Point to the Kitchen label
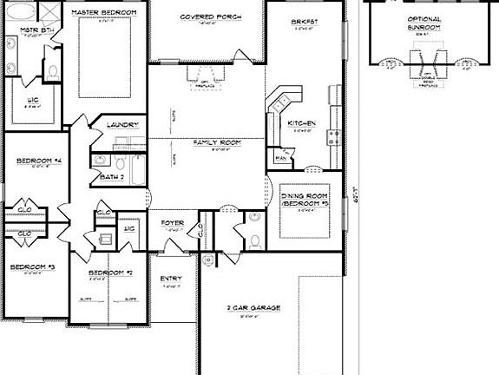[301, 123]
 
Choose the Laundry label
[123, 125]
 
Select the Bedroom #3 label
[33, 267]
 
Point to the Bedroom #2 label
[109, 273]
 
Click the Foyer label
[173, 222]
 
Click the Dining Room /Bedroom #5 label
[305, 201]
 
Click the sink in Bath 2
[99, 161]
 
